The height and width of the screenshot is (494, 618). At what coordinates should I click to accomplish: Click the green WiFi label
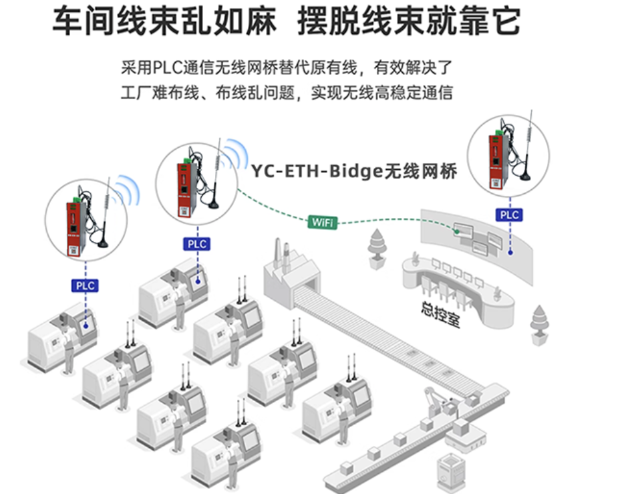pyautogui.click(x=323, y=222)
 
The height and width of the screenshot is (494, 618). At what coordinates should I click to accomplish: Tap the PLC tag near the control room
pyautogui.click(x=509, y=215)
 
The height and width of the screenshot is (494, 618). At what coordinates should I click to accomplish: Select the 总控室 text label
pyautogui.click(x=440, y=314)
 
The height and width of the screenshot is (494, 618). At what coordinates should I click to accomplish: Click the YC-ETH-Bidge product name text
pyautogui.click(x=353, y=171)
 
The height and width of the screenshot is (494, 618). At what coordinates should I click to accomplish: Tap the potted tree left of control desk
pyautogui.click(x=377, y=249)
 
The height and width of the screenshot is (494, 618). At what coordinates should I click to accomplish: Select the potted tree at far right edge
pyautogui.click(x=539, y=326)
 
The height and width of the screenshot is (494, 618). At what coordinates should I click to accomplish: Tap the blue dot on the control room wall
pyautogui.click(x=510, y=252)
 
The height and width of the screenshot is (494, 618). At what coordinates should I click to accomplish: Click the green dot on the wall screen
pyautogui.click(x=456, y=232)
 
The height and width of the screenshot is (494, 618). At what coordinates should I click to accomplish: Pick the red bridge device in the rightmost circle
pyautogui.click(x=496, y=162)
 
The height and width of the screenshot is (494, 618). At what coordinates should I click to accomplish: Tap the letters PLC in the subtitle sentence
pyautogui.click(x=168, y=68)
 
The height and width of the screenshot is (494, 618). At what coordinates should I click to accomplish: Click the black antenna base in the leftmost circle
pyautogui.click(x=102, y=244)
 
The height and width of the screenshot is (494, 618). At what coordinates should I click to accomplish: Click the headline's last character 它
pyautogui.click(x=506, y=21)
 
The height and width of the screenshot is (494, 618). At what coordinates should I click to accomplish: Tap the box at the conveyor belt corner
pyautogui.click(x=472, y=400)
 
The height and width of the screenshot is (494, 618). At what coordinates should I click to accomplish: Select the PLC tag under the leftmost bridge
pyautogui.click(x=85, y=285)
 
